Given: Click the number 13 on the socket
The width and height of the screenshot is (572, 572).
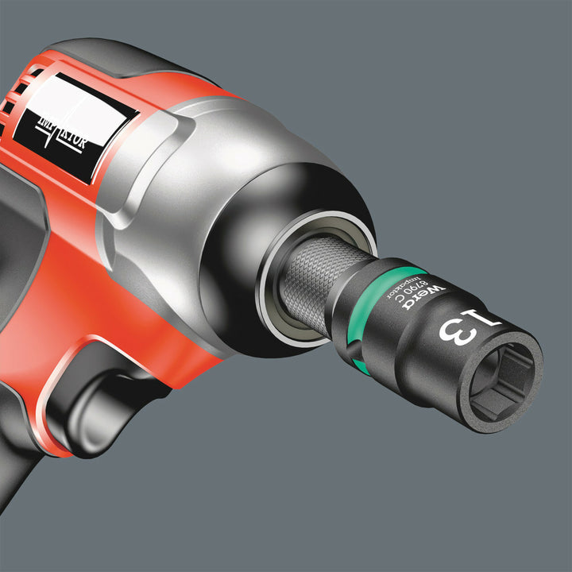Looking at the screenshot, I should (x=462, y=323).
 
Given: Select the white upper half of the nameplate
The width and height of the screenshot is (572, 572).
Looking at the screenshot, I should (x=79, y=103).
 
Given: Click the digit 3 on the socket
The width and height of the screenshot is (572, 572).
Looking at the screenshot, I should (x=453, y=330).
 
